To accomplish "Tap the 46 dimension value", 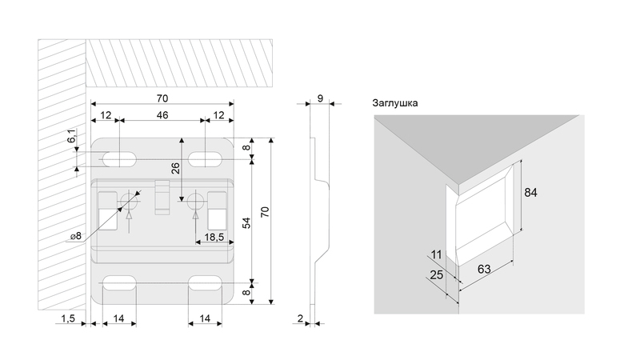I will pos(162,117).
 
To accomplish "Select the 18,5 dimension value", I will pos(214,238).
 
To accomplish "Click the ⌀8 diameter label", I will pos(76,236).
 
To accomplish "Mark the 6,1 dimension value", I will pos(71,138).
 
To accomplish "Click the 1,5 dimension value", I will pos(68,318).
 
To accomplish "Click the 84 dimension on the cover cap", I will pos(530,193).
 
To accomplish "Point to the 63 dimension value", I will pos(483,269).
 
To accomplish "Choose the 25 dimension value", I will pos(436,275).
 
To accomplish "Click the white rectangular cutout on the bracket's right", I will pos(217,217).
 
